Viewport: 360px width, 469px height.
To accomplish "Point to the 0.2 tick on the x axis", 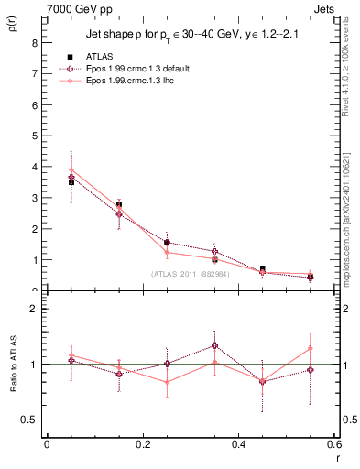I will pos(142,444).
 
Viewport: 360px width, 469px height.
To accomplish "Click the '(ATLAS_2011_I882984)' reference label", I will pos(191,273).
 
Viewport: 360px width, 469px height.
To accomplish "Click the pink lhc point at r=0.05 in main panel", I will pos(71,169).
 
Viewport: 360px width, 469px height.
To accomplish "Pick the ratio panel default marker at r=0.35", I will pos(214,345).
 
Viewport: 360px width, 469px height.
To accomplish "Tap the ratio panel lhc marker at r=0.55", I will pos(311,348).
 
